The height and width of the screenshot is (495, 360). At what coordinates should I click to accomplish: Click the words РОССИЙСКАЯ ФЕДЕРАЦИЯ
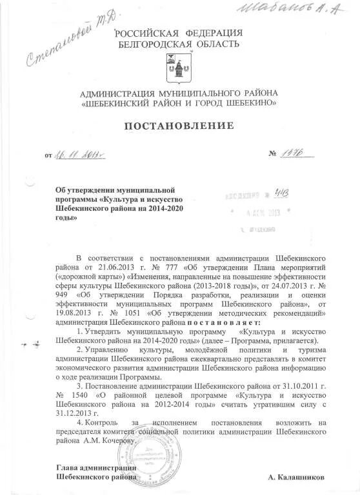[x=179, y=33]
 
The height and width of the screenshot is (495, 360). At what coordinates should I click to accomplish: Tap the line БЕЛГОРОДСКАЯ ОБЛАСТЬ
[x=179, y=44]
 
